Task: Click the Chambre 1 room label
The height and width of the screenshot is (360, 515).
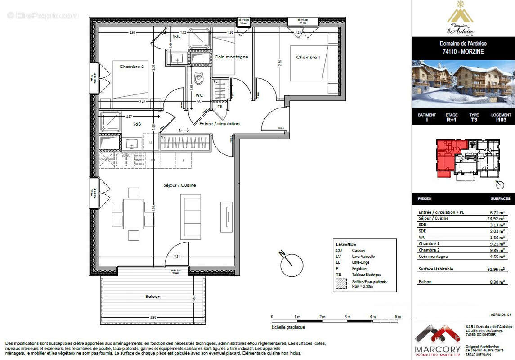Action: [308, 57]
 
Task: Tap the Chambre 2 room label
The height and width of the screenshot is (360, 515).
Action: [131, 67]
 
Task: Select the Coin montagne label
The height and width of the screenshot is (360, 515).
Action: [231, 57]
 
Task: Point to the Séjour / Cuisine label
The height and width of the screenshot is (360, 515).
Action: [179, 185]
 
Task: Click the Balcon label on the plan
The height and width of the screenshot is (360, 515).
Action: [153, 297]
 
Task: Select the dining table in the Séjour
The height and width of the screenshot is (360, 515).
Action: [134, 214]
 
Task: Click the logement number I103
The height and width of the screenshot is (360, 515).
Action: [501, 121]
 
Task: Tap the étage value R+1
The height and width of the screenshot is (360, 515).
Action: [451, 121]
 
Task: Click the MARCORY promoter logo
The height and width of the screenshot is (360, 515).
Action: [438, 340]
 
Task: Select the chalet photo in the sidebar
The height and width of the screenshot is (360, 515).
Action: [463, 84]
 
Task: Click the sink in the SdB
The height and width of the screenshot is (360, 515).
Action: [132, 144]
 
